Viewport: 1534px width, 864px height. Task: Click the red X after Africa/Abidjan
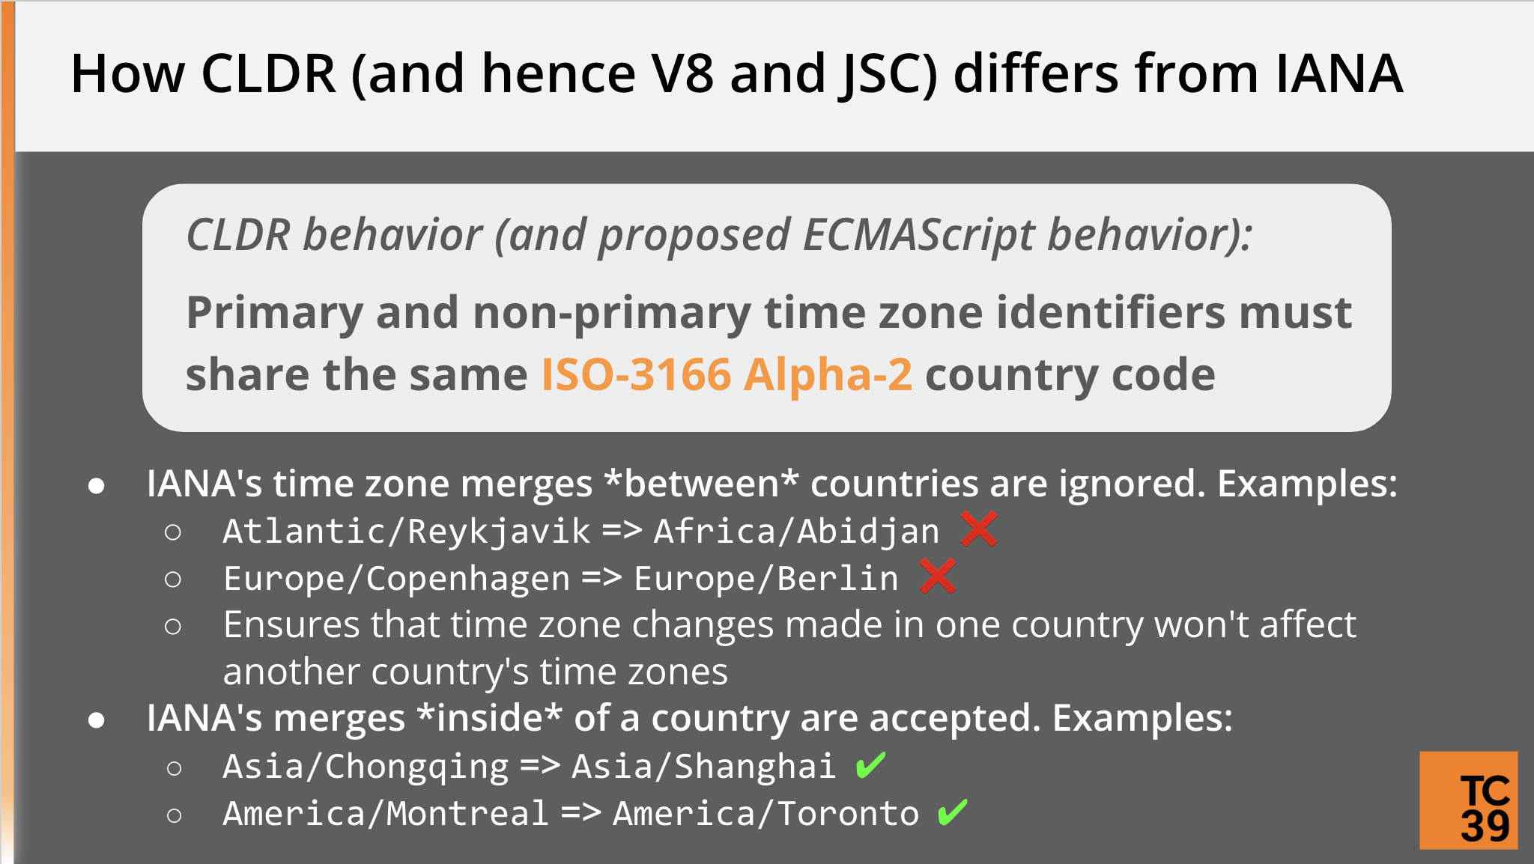pyautogui.click(x=979, y=529)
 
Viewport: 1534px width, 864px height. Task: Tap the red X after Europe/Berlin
pyautogui.click(x=938, y=576)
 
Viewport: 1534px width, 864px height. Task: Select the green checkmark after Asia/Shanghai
pyautogui.click(x=870, y=765)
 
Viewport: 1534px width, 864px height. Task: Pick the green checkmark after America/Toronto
pyautogui.click(x=953, y=812)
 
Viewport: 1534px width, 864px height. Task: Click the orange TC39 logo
pyautogui.click(x=1469, y=800)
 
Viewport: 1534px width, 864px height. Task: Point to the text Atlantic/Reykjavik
pyautogui.click(x=407, y=532)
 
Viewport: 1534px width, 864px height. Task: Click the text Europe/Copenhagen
pyautogui.click(x=397, y=579)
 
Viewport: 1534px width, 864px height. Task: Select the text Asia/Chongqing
pyautogui.click(x=366, y=767)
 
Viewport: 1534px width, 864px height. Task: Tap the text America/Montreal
pyautogui.click(x=386, y=813)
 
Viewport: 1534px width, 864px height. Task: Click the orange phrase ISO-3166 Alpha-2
pyautogui.click(x=727, y=374)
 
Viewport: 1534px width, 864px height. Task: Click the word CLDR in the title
pyautogui.click(x=269, y=73)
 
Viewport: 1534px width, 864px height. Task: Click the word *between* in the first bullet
pyautogui.click(x=702, y=483)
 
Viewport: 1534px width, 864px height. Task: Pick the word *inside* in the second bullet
pyautogui.click(x=490, y=717)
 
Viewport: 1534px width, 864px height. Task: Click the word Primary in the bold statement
pyautogui.click(x=275, y=313)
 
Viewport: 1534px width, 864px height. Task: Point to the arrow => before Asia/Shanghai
pyautogui.click(x=540, y=765)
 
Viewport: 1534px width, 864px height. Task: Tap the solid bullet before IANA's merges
pyautogui.click(x=96, y=720)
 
